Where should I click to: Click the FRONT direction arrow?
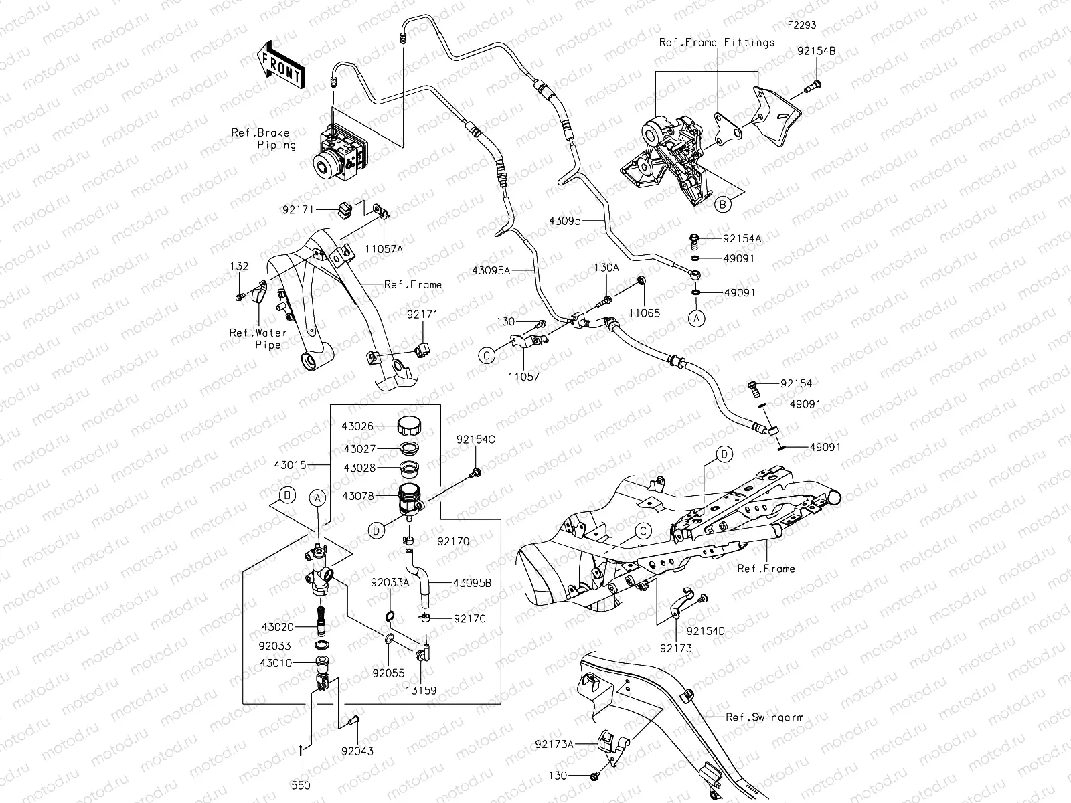(x=280, y=65)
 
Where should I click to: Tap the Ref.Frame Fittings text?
(x=717, y=42)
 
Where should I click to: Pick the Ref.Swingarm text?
(x=764, y=717)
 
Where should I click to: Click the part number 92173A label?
(x=554, y=744)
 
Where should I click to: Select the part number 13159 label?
(x=421, y=690)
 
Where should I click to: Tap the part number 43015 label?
(x=291, y=464)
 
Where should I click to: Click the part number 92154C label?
(x=476, y=440)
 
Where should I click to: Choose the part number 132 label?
(x=239, y=266)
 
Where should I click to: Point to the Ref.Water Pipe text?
(x=259, y=339)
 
